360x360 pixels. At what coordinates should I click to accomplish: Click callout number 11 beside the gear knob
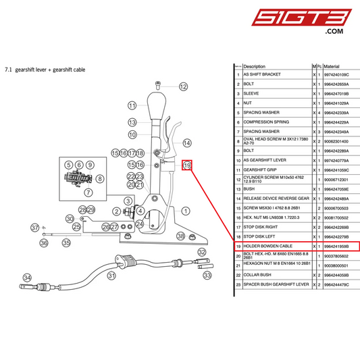132,105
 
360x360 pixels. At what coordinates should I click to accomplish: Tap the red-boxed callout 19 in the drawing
188,165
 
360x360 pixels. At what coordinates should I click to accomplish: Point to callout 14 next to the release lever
187,143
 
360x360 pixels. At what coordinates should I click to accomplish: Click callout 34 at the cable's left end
27,277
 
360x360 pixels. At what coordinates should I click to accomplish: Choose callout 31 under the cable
111,276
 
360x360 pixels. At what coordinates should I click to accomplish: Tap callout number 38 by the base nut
180,236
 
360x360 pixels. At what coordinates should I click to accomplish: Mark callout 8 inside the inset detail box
101,178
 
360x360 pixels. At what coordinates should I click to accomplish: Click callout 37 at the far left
35,228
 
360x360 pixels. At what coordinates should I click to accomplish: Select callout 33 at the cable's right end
207,276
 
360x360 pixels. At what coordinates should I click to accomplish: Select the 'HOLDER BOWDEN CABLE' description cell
267,247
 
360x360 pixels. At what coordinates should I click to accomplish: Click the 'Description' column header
254,66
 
